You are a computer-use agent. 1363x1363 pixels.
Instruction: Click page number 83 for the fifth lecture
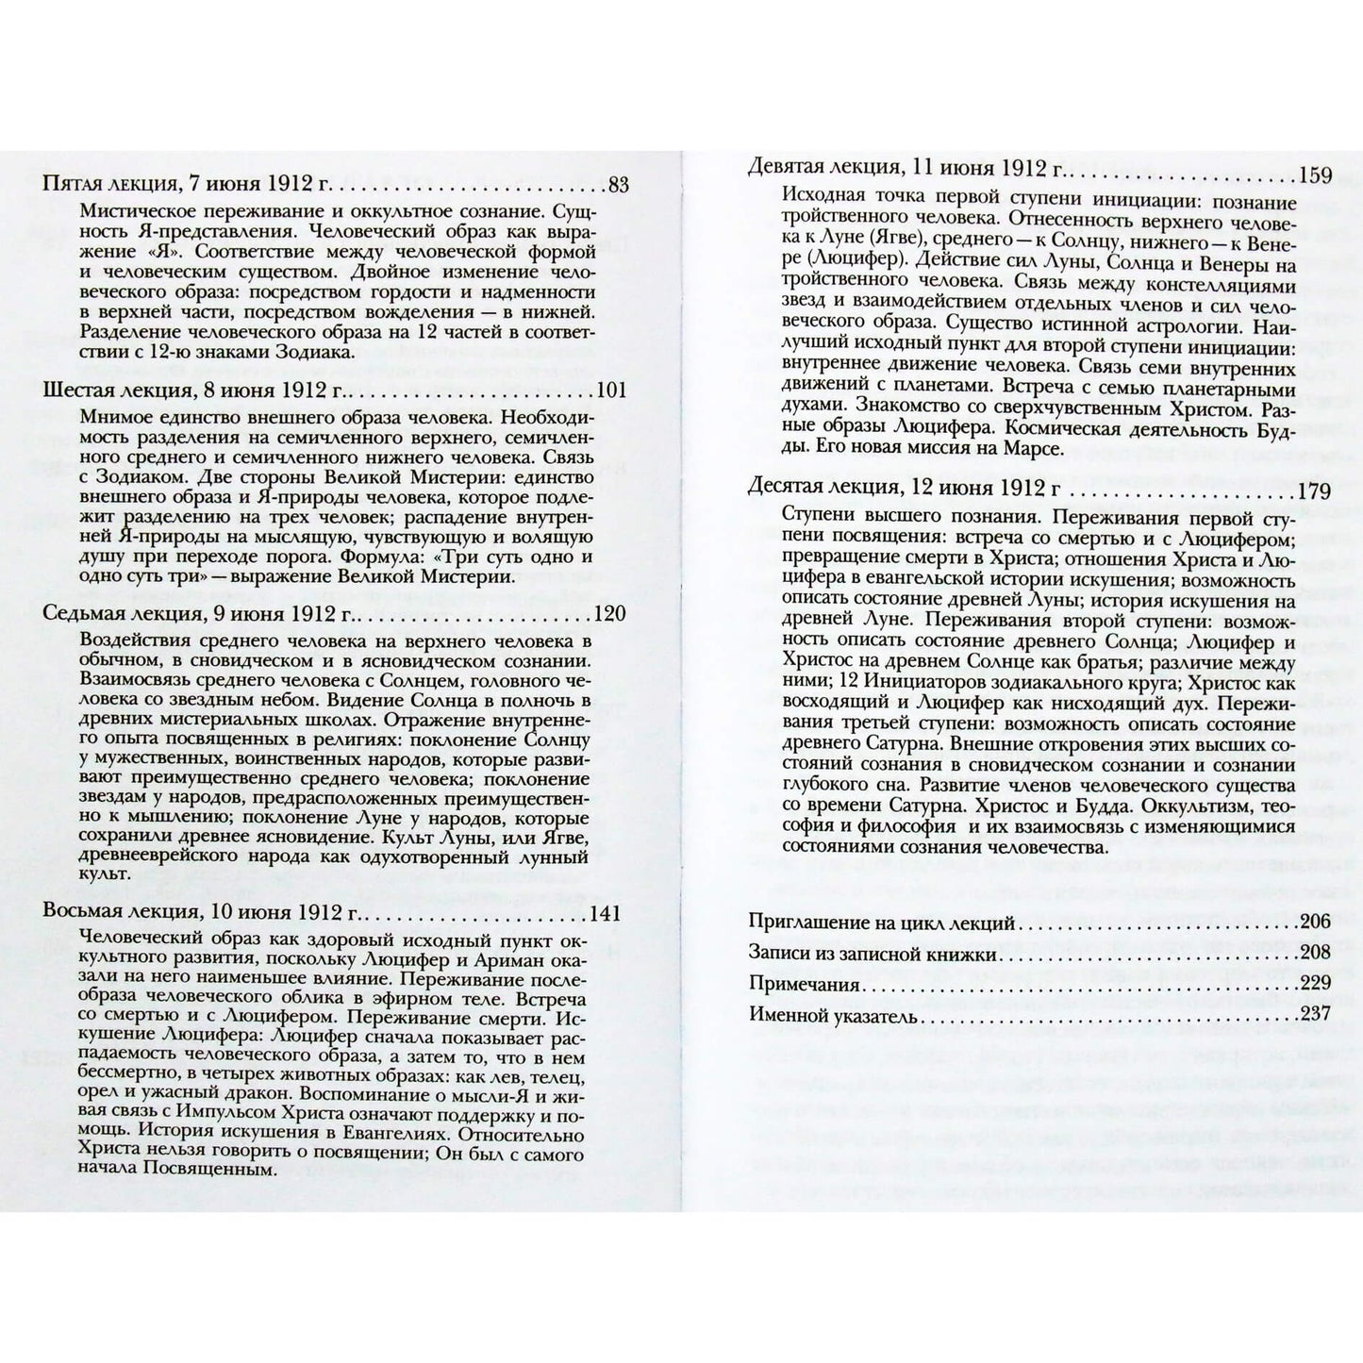618,185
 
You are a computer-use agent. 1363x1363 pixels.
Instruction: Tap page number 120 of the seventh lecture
609,614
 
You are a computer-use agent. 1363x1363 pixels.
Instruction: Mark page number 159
1314,175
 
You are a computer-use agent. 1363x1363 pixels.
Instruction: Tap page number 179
1314,491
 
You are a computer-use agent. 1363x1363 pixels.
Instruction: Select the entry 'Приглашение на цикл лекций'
881,923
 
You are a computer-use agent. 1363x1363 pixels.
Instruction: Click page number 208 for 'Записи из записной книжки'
1314,954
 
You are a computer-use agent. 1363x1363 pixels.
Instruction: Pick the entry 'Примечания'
804,985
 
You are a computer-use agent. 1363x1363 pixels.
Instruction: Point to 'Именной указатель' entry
834,1015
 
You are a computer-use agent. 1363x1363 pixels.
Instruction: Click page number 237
1314,1015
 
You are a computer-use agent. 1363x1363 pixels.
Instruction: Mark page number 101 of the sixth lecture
609,391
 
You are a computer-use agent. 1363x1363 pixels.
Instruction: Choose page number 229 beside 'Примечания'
1314,985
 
